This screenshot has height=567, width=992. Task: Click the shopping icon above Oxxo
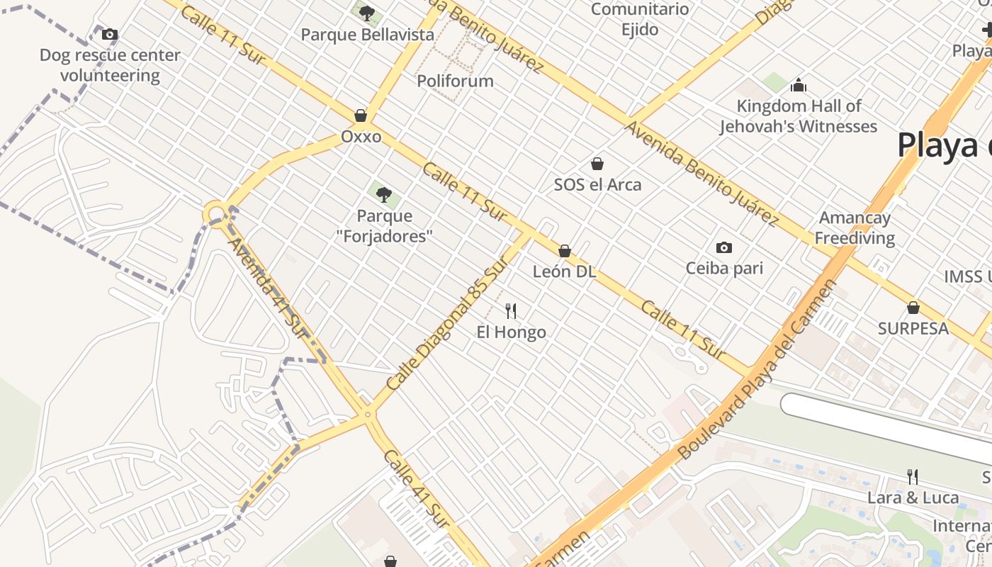(361, 116)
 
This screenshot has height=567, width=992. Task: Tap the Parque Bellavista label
(367, 35)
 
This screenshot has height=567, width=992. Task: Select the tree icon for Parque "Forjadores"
(383, 194)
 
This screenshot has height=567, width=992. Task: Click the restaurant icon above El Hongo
(511, 310)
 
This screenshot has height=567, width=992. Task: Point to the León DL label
(564, 272)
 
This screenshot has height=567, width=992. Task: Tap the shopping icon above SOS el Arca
(597, 164)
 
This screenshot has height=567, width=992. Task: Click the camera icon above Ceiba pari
(723, 247)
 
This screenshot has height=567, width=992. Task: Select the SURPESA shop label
(913, 329)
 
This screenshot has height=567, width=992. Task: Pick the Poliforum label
(455, 81)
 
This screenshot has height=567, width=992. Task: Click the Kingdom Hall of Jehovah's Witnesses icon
(799, 86)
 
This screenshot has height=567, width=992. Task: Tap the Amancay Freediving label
(855, 228)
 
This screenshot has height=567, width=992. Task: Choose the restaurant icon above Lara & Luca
(913, 476)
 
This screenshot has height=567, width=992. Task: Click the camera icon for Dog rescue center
(110, 34)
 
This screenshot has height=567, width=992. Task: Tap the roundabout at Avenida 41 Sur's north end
(215, 213)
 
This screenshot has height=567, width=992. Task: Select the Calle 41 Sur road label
(416, 488)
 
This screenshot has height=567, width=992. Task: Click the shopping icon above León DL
(565, 251)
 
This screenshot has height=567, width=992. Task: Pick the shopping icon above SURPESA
(913, 308)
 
